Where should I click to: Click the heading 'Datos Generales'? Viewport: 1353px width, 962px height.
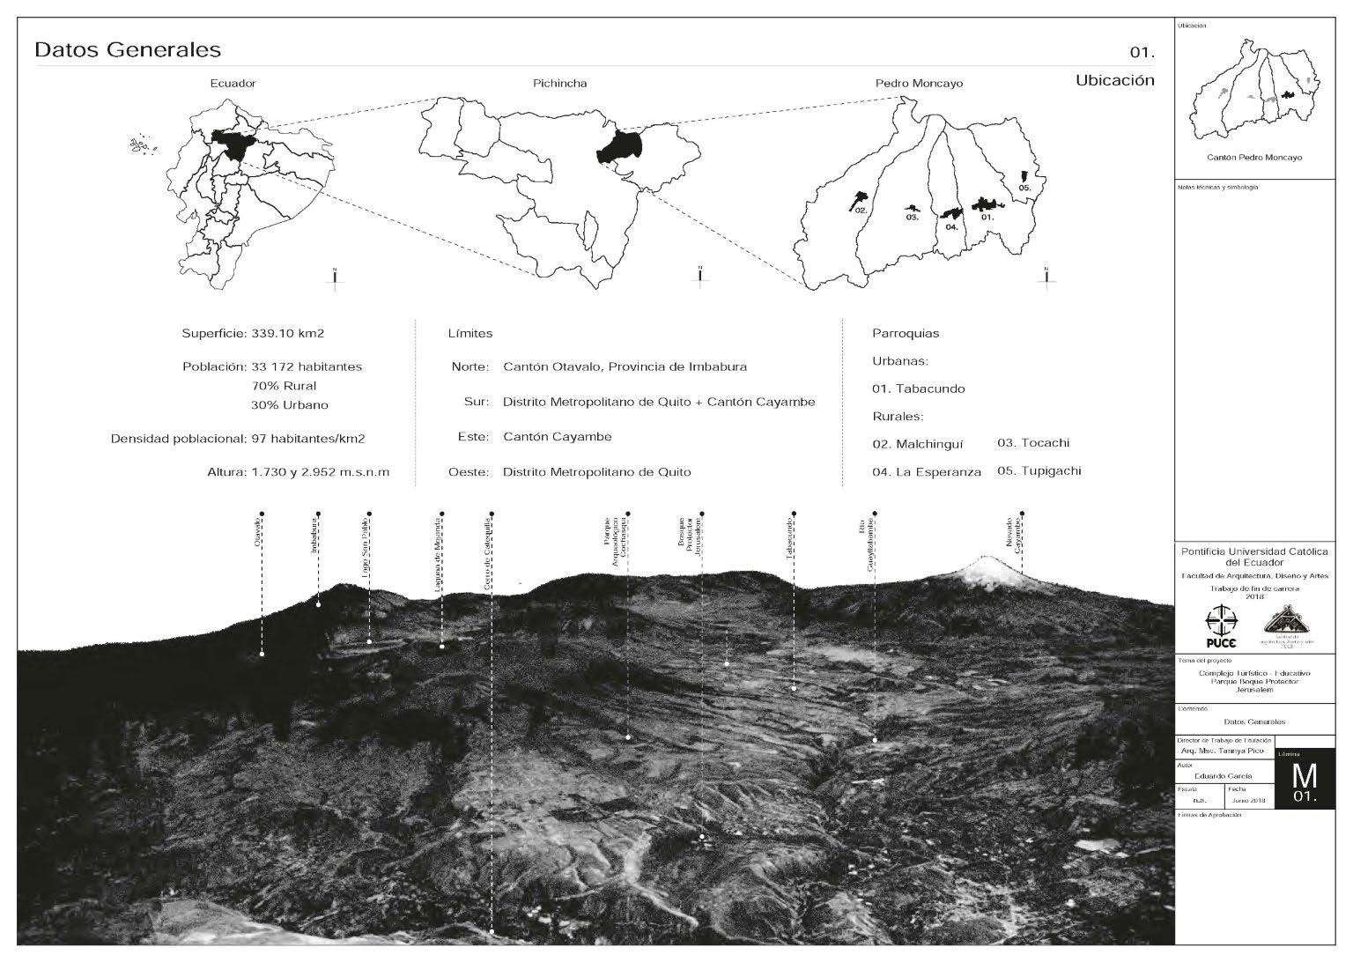127,49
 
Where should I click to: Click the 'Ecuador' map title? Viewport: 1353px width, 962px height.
233,84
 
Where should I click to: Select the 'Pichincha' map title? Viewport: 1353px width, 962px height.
559,84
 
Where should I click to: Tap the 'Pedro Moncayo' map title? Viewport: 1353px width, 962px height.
919,84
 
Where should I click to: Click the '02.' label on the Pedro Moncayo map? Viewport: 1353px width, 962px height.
861,211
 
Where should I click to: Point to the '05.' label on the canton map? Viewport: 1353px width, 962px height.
1024,189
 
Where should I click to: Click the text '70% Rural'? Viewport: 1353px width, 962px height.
284,386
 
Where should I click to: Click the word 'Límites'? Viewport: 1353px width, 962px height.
470,334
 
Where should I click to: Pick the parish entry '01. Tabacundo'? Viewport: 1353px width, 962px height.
919,388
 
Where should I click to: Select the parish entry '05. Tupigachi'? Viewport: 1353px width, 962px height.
1039,470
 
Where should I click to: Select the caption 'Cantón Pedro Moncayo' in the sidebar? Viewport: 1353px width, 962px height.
1254,158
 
